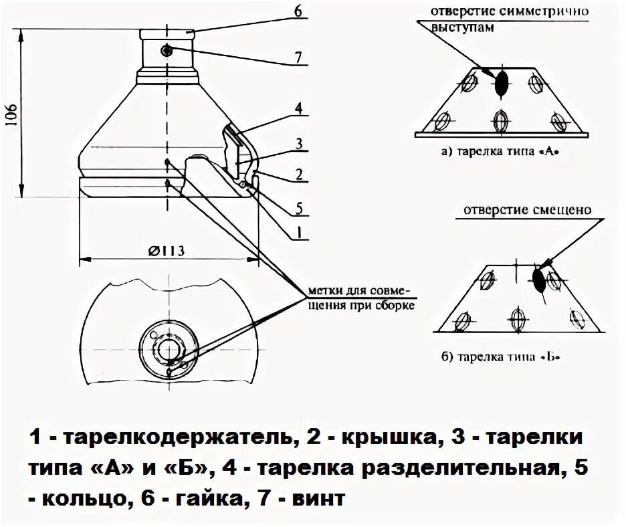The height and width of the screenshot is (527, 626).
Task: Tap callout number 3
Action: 299,142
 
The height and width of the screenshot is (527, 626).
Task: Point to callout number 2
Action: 299,175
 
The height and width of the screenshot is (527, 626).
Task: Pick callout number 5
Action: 299,208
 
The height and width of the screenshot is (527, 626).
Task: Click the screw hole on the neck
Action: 166,50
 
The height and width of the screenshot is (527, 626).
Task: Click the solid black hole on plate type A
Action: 502,83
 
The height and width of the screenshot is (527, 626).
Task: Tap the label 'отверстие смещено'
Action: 525,209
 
